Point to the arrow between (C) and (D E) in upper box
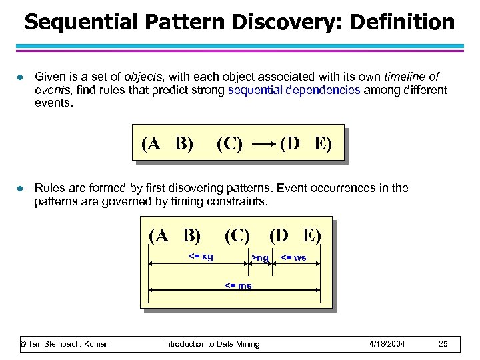(x=261, y=144)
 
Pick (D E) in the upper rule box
(x=305, y=144)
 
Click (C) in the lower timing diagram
(x=237, y=235)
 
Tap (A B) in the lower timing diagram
(x=175, y=235)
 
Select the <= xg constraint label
(x=201, y=257)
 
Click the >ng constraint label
(x=259, y=258)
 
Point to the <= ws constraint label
(x=293, y=257)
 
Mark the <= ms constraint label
(x=237, y=285)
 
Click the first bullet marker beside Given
(x=21, y=77)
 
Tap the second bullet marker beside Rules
(x=21, y=189)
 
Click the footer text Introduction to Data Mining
(x=212, y=343)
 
